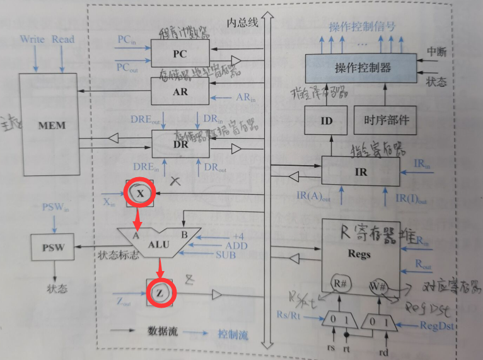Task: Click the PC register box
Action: tap(180, 54)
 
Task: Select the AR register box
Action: tap(180, 91)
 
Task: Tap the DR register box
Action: tap(180, 144)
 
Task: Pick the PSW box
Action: tap(53, 248)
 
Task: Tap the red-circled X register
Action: tap(141, 193)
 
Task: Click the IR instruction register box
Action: tap(361, 171)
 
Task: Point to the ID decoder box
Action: tap(326, 120)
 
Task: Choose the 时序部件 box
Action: tap(386, 120)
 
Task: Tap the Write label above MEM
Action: tap(32, 39)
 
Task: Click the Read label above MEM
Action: tap(63, 39)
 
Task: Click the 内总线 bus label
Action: tap(243, 23)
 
